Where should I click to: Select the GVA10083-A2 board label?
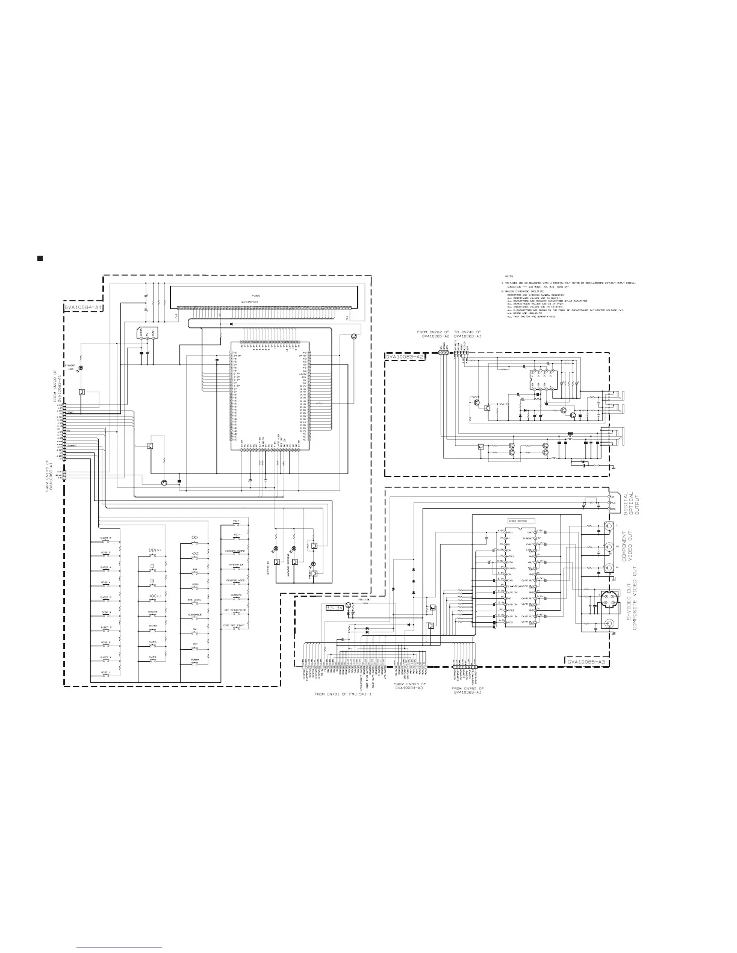click(405, 357)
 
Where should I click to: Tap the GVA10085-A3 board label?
click(585, 661)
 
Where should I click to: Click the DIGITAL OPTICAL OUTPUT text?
click(632, 504)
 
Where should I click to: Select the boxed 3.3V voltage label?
click(334, 608)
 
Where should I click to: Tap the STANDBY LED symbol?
click(81, 368)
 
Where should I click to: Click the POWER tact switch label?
click(195, 659)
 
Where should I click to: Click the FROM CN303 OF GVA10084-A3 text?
click(409, 688)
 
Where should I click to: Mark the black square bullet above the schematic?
click(40, 259)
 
